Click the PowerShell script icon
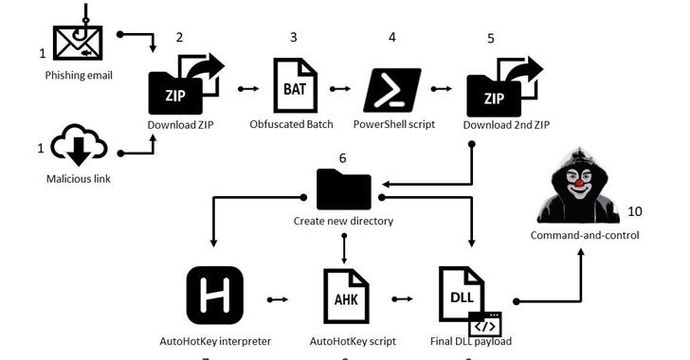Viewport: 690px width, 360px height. click(x=391, y=90)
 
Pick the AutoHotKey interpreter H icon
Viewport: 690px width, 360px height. click(x=215, y=295)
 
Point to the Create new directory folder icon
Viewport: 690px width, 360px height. click(x=343, y=189)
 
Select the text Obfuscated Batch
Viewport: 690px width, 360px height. click(x=293, y=125)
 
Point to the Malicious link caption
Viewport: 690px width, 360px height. click(x=77, y=178)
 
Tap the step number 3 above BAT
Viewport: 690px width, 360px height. click(x=293, y=38)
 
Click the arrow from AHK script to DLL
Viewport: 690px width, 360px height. click(x=403, y=299)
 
